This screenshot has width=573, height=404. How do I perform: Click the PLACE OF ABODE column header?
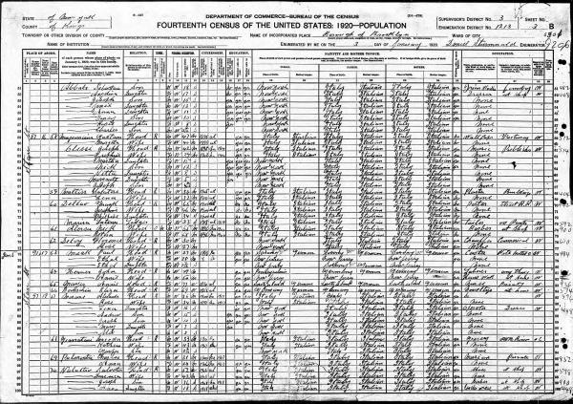(x=29, y=44)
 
